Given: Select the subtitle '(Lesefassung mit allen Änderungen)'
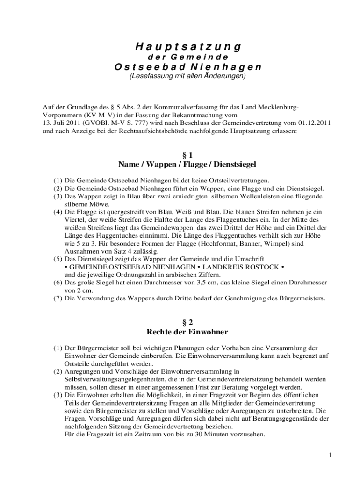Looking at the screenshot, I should (x=187, y=76).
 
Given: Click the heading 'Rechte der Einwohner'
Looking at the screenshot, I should (x=187, y=332).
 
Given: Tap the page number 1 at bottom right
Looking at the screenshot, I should (x=330, y=455).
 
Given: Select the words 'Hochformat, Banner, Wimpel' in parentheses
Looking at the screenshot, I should (x=247, y=243).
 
